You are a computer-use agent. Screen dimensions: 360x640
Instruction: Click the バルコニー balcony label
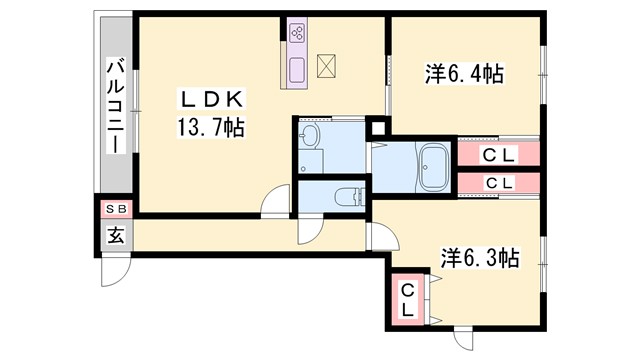coord(115,106)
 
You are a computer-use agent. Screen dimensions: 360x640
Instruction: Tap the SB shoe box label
coord(116,210)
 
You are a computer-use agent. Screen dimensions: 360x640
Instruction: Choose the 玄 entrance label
coord(116,237)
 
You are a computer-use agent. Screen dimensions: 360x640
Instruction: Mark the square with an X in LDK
coord(328,67)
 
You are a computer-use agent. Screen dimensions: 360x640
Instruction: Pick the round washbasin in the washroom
coord(309,137)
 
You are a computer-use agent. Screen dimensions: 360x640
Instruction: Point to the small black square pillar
coord(378,127)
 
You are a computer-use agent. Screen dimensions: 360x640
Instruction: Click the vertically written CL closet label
coord(408,299)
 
